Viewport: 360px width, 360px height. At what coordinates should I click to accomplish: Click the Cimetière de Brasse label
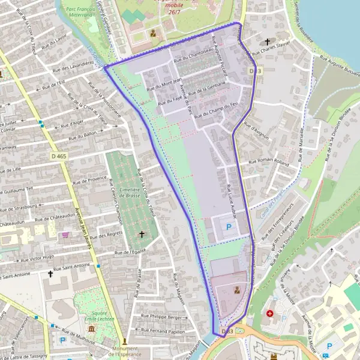click(x=130, y=193)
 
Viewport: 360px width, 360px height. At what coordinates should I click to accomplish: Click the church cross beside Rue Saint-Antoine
click(x=50, y=274)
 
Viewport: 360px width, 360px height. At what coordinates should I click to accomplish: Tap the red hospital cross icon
click(x=269, y=313)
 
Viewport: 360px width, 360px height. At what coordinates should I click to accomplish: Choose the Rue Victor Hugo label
click(x=37, y=258)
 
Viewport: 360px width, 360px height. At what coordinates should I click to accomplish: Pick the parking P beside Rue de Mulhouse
click(x=63, y=340)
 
